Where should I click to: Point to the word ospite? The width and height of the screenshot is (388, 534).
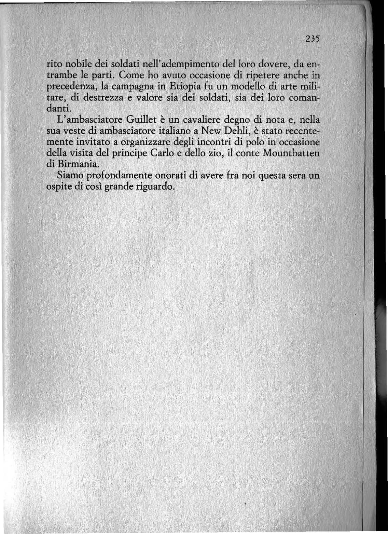pos(58,187)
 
